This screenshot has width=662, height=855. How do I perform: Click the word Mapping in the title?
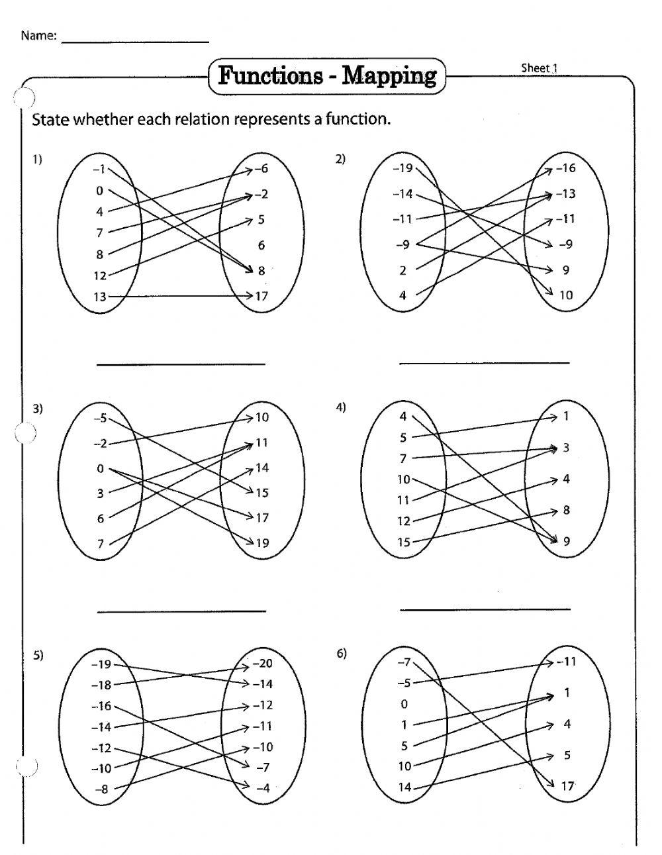click(389, 76)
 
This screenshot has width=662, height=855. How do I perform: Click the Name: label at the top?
click(38, 36)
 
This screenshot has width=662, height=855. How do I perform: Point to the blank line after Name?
click(135, 41)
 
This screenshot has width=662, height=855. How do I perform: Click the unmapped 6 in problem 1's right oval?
click(261, 245)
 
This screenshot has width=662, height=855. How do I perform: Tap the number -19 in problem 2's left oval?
click(402, 168)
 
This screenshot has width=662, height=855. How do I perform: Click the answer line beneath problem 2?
click(484, 363)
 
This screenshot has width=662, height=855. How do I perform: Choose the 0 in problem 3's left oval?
click(100, 469)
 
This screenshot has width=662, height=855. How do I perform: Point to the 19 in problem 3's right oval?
click(262, 543)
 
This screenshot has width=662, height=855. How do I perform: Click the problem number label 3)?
click(38, 409)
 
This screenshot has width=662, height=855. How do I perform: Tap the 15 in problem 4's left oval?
click(403, 542)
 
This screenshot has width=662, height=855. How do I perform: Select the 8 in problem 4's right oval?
click(566, 511)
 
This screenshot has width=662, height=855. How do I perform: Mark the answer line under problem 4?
click(485, 609)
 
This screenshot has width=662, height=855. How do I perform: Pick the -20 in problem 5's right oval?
click(262, 664)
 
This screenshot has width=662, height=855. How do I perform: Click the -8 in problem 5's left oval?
click(101, 789)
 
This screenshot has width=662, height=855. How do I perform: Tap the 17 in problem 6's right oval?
click(567, 786)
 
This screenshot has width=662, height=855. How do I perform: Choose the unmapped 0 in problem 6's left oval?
click(404, 704)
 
